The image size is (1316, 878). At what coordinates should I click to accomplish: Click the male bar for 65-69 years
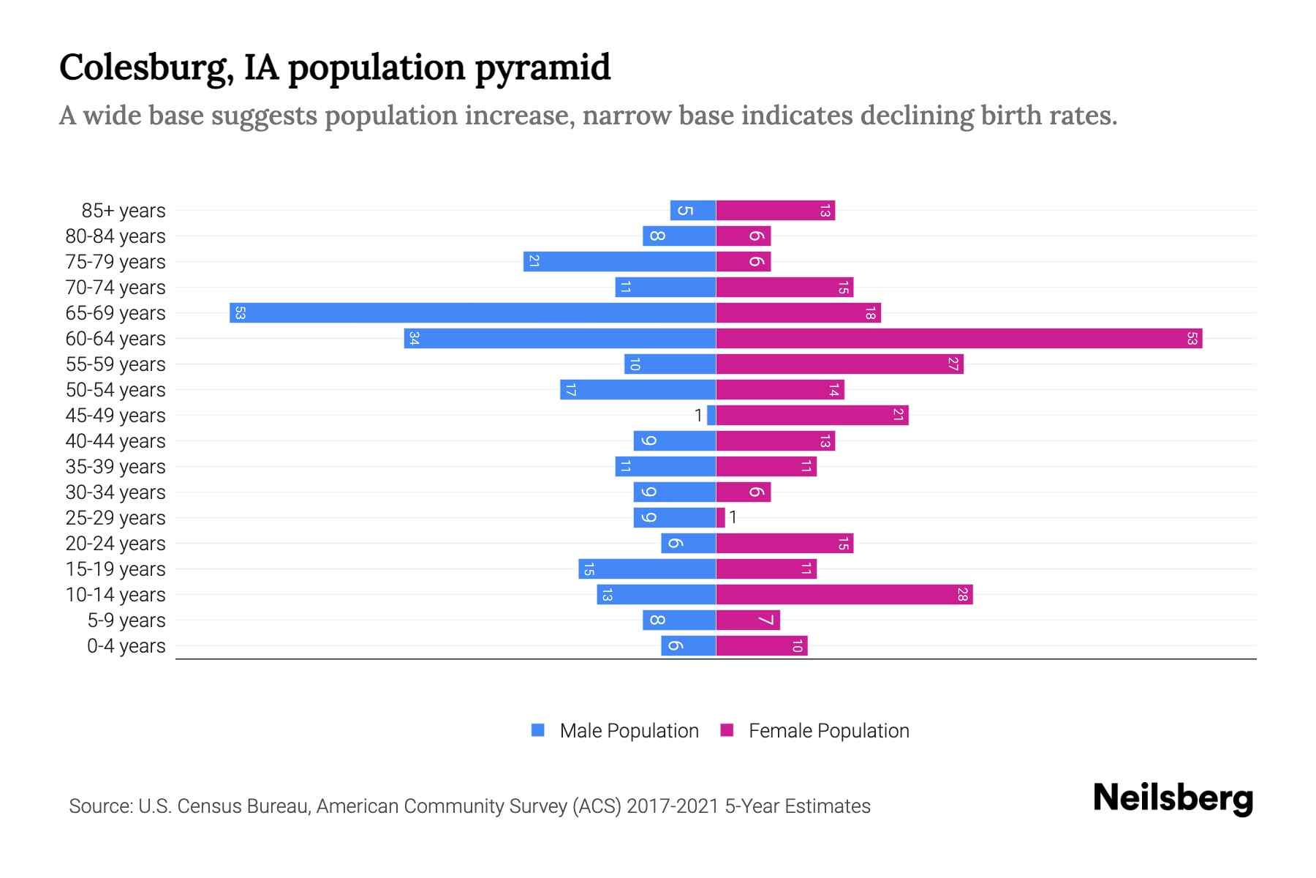click(x=472, y=313)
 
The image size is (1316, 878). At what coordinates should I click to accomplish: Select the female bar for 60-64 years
click(x=958, y=339)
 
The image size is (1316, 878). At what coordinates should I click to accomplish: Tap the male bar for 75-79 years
click(x=619, y=262)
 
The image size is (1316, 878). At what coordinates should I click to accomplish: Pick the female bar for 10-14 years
click(x=844, y=595)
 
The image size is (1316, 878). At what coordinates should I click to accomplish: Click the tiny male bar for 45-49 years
click(x=711, y=416)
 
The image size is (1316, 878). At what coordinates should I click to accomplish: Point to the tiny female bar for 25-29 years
click(x=721, y=518)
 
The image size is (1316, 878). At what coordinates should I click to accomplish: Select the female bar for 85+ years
click(x=775, y=211)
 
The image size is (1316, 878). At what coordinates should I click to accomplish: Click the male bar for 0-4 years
click(x=688, y=646)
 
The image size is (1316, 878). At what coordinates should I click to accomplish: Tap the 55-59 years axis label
click(x=116, y=364)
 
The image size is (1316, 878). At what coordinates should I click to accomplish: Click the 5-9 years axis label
click(x=126, y=620)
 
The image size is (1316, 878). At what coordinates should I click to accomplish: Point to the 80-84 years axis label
click(x=116, y=236)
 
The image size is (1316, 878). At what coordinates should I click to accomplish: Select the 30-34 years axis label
click(x=116, y=492)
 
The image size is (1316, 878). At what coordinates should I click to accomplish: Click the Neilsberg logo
click(x=1173, y=798)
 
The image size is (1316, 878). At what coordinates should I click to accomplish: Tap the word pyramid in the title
click(x=542, y=68)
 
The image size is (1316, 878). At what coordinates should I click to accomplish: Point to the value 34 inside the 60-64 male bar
click(x=414, y=339)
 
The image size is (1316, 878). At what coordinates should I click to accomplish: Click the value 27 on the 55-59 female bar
click(x=953, y=364)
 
